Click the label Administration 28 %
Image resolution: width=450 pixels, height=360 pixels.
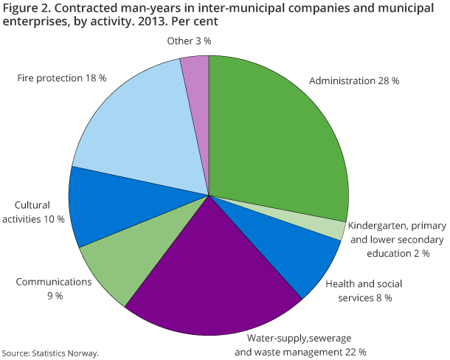354,80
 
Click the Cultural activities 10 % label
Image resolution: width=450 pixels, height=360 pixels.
40,212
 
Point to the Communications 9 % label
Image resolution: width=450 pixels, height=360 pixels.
55,288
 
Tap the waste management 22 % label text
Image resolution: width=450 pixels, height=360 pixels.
300,352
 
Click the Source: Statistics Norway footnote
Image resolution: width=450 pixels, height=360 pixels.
49,353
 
